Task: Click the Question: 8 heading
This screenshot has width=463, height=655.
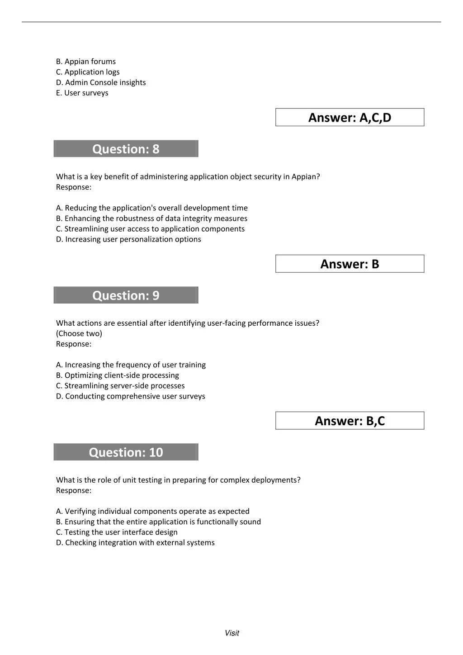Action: (x=126, y=149)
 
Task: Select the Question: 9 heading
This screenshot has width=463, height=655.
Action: (x=126, y=295)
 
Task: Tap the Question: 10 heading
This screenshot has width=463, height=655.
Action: (x=126, y=452)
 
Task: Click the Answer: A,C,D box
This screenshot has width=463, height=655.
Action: (x=350, y=118)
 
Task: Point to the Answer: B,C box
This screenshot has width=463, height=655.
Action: (x=350, y=421)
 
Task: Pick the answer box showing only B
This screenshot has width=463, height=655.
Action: (x=350, y=264)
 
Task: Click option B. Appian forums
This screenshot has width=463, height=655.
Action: (x=86, y=62)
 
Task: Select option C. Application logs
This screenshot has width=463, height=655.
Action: (x=88, y=72)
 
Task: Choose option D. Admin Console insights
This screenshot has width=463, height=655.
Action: (x=101, y=82)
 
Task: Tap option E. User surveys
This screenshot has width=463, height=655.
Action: (x=82, y=93)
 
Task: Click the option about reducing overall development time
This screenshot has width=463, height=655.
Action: (x=152, y=208)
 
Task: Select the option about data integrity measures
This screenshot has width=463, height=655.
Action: (x=152, y=218)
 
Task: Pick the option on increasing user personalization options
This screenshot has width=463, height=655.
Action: (x=128, y=239)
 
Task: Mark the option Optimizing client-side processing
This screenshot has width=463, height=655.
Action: (x=118, y=375)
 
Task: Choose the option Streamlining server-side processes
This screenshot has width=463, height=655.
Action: (x=120, y=386)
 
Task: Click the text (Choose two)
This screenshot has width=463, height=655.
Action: (x=79, y=333)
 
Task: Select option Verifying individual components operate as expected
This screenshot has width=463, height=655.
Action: (x=153, y=511)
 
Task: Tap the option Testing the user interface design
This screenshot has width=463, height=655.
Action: (x=117, y=532)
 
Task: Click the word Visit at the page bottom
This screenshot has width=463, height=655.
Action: (x=232, y=633)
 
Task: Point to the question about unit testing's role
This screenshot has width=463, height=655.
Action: (x=178, y=480)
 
